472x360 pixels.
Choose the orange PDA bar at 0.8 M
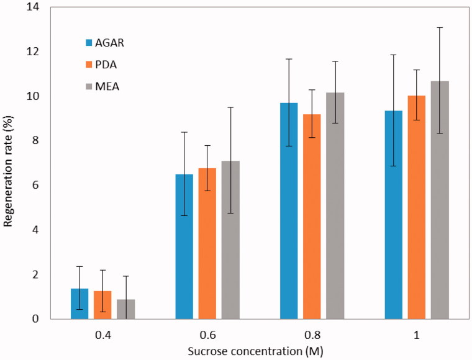click(x=312, y=217)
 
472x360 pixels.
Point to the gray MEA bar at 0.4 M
click(x=126, y=309)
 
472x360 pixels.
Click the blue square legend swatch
click(x=90, y=43)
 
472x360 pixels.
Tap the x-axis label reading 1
click(x=417, y=335)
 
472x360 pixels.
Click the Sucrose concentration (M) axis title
click(x=255, y=351)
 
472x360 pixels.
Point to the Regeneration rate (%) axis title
click(x=10, y=162)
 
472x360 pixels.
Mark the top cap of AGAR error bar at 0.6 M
click(x=184, y=132)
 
